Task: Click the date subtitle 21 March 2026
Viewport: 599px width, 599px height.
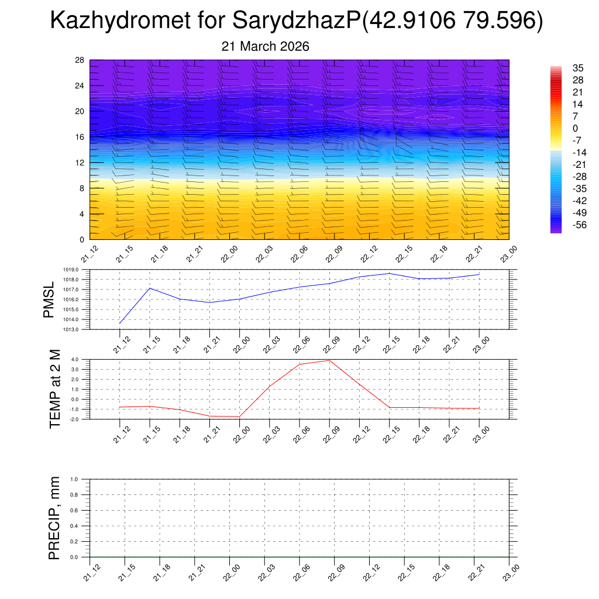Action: coord(265,46)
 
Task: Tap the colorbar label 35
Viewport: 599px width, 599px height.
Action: coord(562,68)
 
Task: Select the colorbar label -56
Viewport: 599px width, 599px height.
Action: coord(563,225)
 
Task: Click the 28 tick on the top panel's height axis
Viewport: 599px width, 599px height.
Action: coord(80,60)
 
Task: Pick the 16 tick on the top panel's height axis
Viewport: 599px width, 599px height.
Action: coord(80,137)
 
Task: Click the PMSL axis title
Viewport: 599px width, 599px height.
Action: coord(50,299)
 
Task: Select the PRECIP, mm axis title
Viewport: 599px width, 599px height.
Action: coord(54,518)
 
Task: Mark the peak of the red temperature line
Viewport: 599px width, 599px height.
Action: coord(329,360)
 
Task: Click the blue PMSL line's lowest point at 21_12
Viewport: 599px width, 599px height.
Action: coord(120,323)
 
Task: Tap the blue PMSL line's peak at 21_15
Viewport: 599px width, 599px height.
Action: coord(150,288)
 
